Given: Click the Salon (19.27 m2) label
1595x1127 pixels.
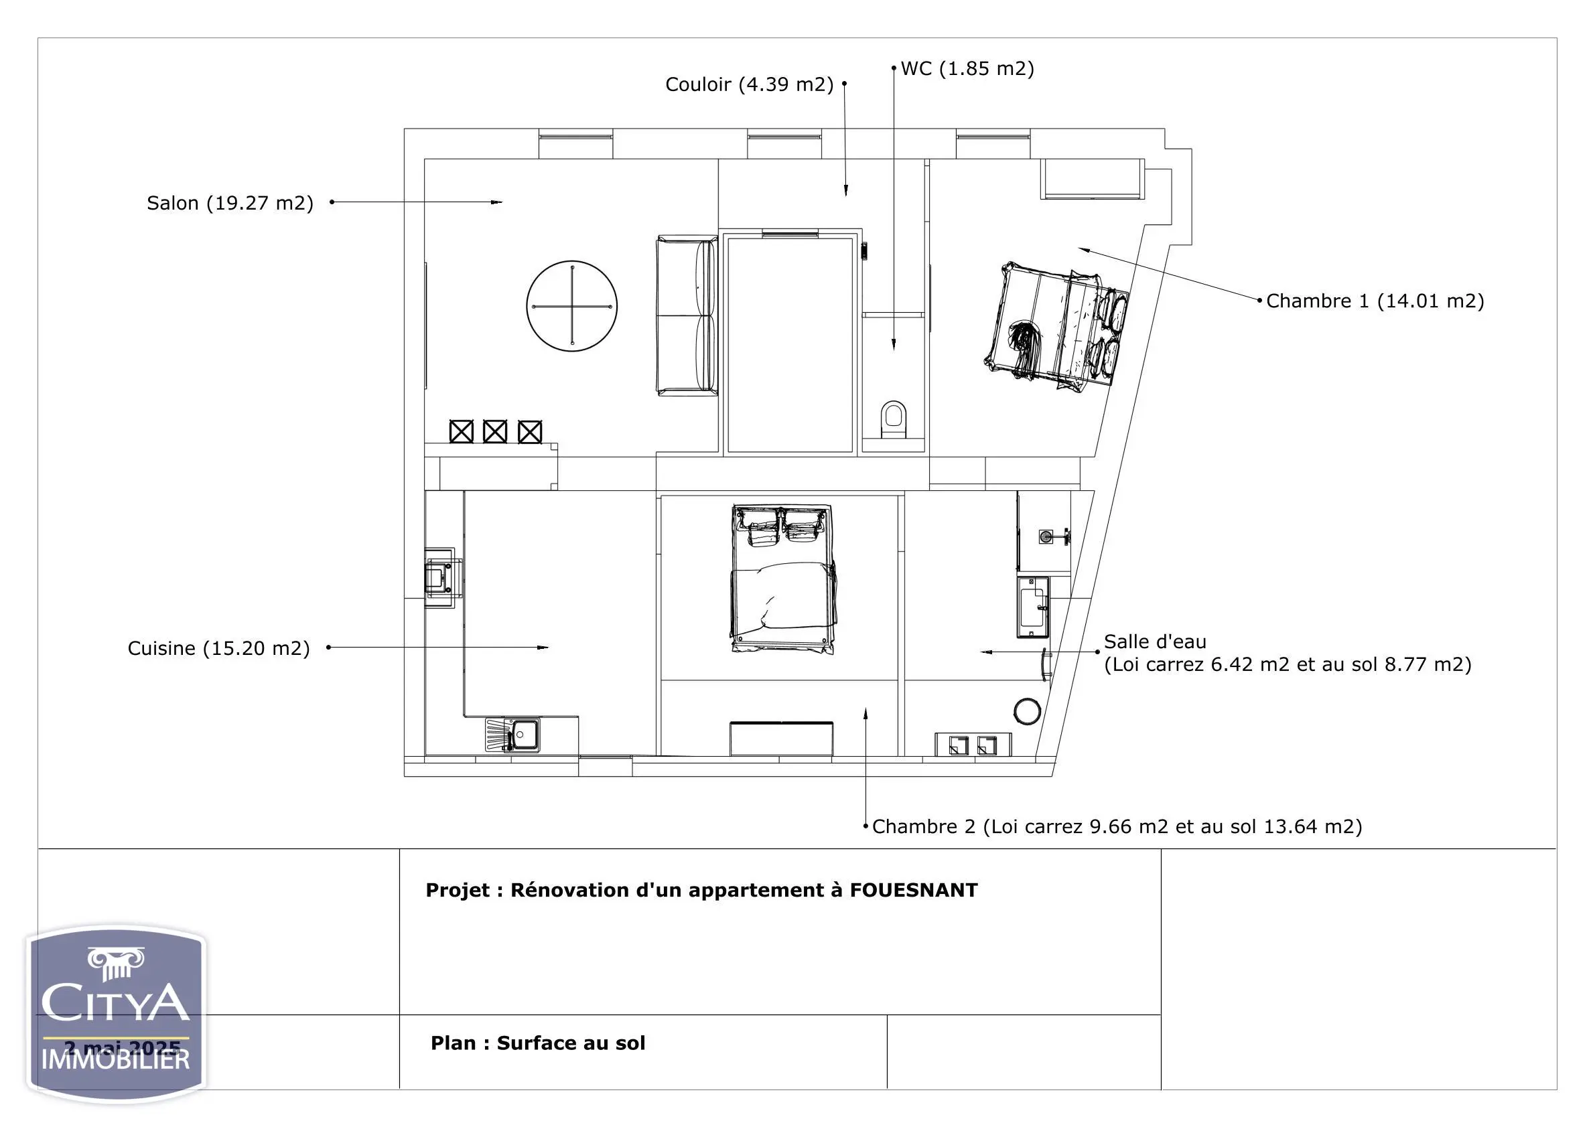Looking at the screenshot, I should coord(230,203).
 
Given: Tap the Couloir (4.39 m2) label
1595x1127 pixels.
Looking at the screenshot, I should coord(749,84).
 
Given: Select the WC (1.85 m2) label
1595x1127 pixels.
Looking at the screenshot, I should coord(967,68).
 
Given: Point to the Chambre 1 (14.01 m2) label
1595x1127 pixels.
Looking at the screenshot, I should coord(1375,301).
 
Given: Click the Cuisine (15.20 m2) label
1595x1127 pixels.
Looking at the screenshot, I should coord(218,648).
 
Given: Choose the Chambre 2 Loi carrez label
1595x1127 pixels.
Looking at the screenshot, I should coord(1116,826).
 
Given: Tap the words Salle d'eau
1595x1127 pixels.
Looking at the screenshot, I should coord(1155,641).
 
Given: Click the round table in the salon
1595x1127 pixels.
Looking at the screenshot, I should coord(571,306).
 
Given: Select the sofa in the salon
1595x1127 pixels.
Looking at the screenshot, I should coord(687,316).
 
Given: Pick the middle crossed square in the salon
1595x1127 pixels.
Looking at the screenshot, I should coord(494,431).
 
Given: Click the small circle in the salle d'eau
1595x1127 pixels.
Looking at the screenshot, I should coord(1027,711).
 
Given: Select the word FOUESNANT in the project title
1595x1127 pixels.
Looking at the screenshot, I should coord(914,890).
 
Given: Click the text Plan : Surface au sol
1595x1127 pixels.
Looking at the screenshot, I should coord(538,1043).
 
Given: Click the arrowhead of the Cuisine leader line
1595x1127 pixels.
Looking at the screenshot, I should coord(543,647).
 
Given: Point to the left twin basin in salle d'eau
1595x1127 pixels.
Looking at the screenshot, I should coord(958,746).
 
